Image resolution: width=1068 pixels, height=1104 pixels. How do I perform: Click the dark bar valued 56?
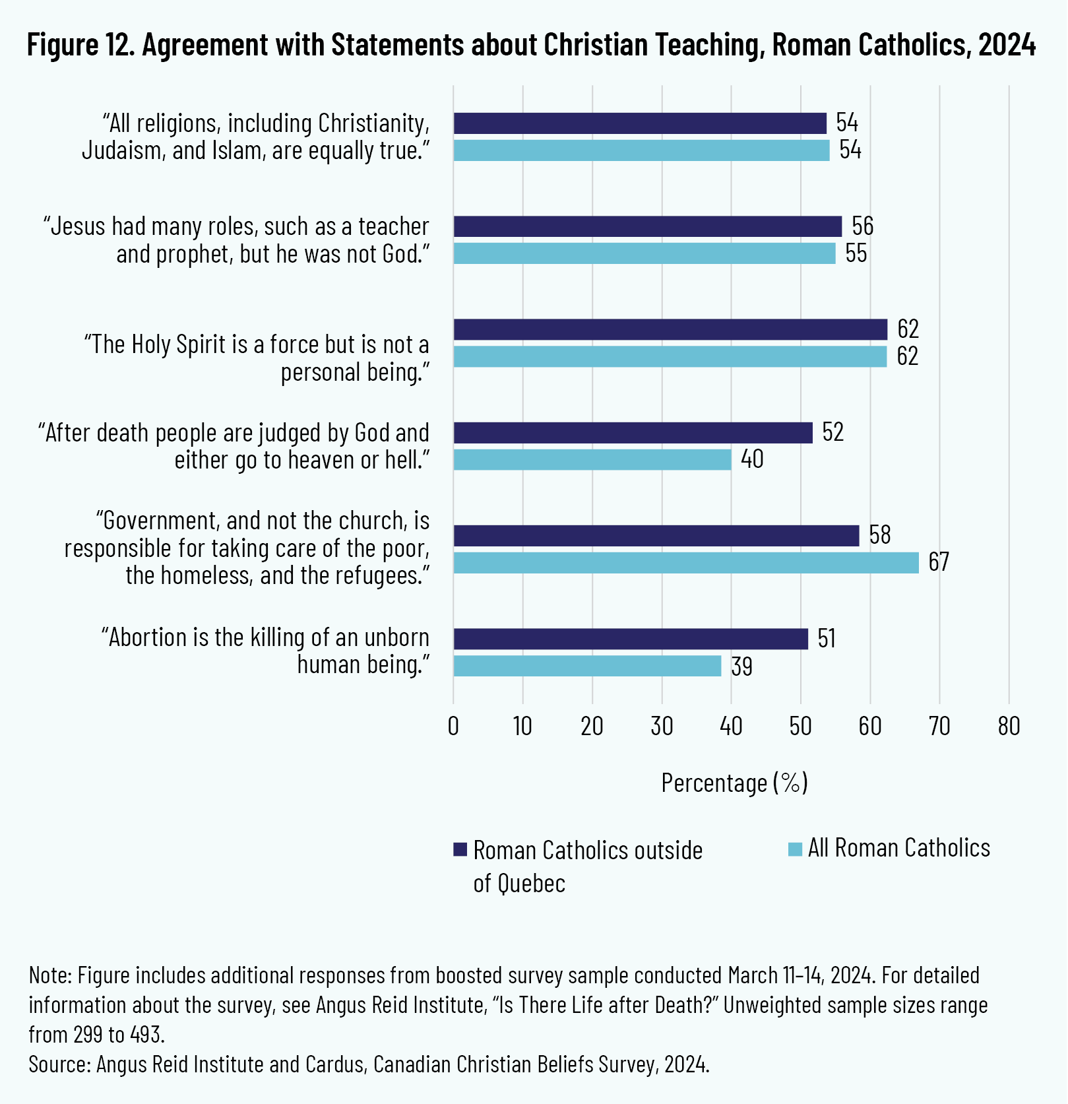tap(647, 226)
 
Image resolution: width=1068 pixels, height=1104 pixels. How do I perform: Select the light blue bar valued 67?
tap(685, 562)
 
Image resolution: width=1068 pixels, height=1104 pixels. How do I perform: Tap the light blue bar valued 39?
tap(587, 666)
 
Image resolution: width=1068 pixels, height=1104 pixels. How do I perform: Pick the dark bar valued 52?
tap(633, 433)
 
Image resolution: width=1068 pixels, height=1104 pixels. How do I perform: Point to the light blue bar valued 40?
tap(592, 459)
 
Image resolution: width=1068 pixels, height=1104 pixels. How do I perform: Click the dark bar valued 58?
tap(656, 535)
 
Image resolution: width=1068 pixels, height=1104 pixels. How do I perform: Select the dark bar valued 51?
tap(630, 639)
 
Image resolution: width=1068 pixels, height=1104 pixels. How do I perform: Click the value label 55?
tap(856, 254)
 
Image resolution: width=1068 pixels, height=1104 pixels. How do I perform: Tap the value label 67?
tap(938, 562)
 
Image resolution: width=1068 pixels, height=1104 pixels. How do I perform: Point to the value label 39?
tap(741, 666)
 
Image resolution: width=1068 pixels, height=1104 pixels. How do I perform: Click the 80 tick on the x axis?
tap(1009, 727)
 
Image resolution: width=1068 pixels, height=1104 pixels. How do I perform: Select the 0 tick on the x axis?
tap(453, 727)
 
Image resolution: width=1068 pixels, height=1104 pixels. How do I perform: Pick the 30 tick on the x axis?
tap(662, 727)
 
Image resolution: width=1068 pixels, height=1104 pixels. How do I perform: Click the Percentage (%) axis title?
tap(734, 783)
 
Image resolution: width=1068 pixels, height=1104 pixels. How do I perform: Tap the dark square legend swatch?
tap(460, 849)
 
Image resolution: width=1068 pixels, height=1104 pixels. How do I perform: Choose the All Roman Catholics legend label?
tap(899, 848)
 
